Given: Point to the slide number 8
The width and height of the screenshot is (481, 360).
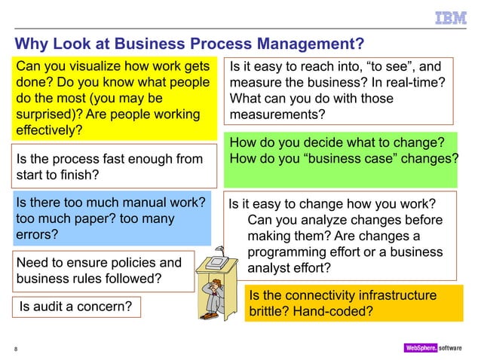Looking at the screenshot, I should pos(16,348).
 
